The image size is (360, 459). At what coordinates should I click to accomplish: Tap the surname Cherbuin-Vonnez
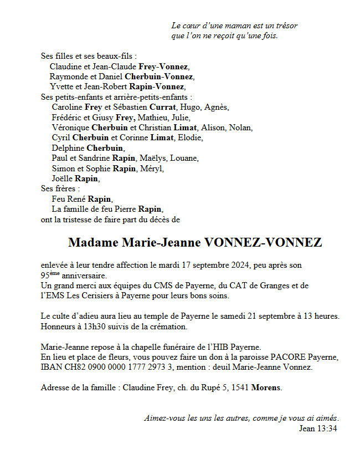[159, 76]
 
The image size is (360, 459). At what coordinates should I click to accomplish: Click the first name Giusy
[102, 118]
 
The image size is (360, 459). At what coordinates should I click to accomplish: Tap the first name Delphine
[68, 148]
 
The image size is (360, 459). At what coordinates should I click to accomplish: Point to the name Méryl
[152, 169]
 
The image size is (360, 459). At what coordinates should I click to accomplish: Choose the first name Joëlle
[62, 178]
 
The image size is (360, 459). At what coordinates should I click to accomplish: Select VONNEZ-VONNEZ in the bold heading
[263, 243]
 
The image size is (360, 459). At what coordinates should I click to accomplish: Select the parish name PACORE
[288, 357]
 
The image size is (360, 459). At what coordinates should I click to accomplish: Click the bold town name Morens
[266, 387]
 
